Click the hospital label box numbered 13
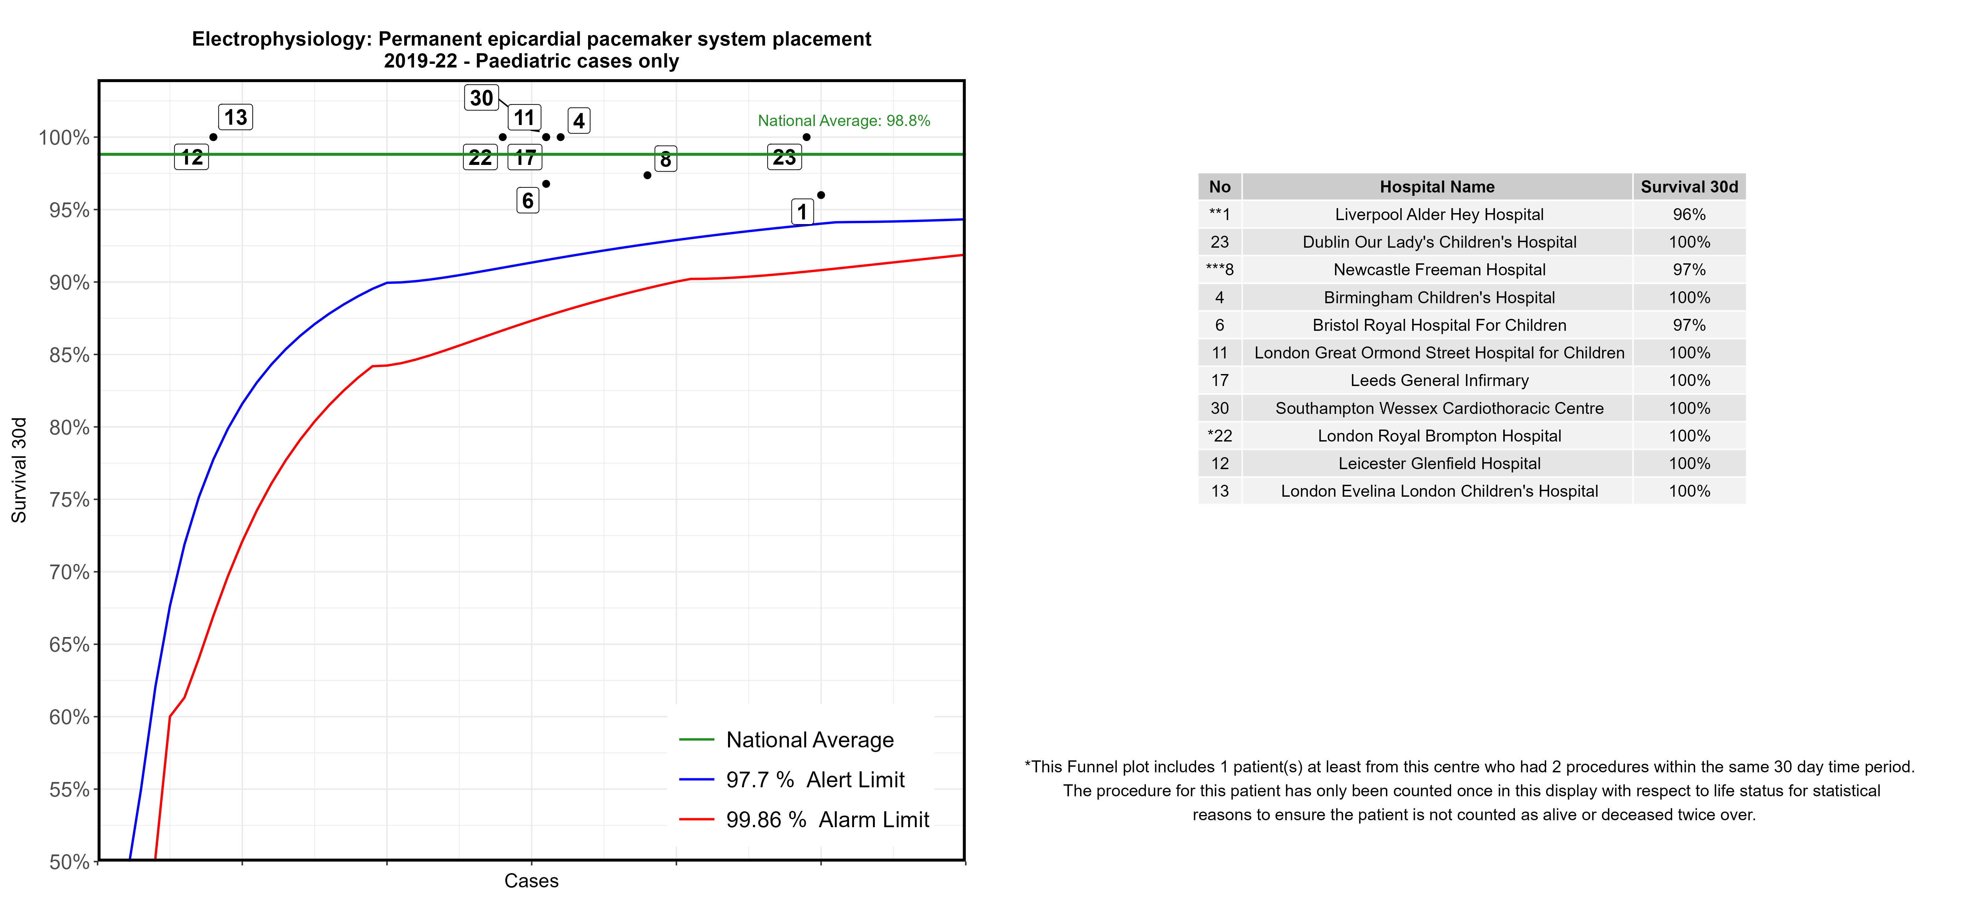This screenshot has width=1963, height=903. coord(235,117)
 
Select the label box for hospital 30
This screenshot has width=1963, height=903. coord(481,97)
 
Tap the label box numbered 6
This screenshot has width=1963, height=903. coord(527,200)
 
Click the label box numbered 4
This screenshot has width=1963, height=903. coord(578,120)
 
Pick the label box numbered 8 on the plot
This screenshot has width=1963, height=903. coord(665,159)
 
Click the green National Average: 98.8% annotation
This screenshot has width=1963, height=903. coord(844,120)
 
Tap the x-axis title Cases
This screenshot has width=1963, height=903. coord(531,881)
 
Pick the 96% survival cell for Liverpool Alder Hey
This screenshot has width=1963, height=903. coord(1689,214)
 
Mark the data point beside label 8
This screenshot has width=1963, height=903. coord(647,175)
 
